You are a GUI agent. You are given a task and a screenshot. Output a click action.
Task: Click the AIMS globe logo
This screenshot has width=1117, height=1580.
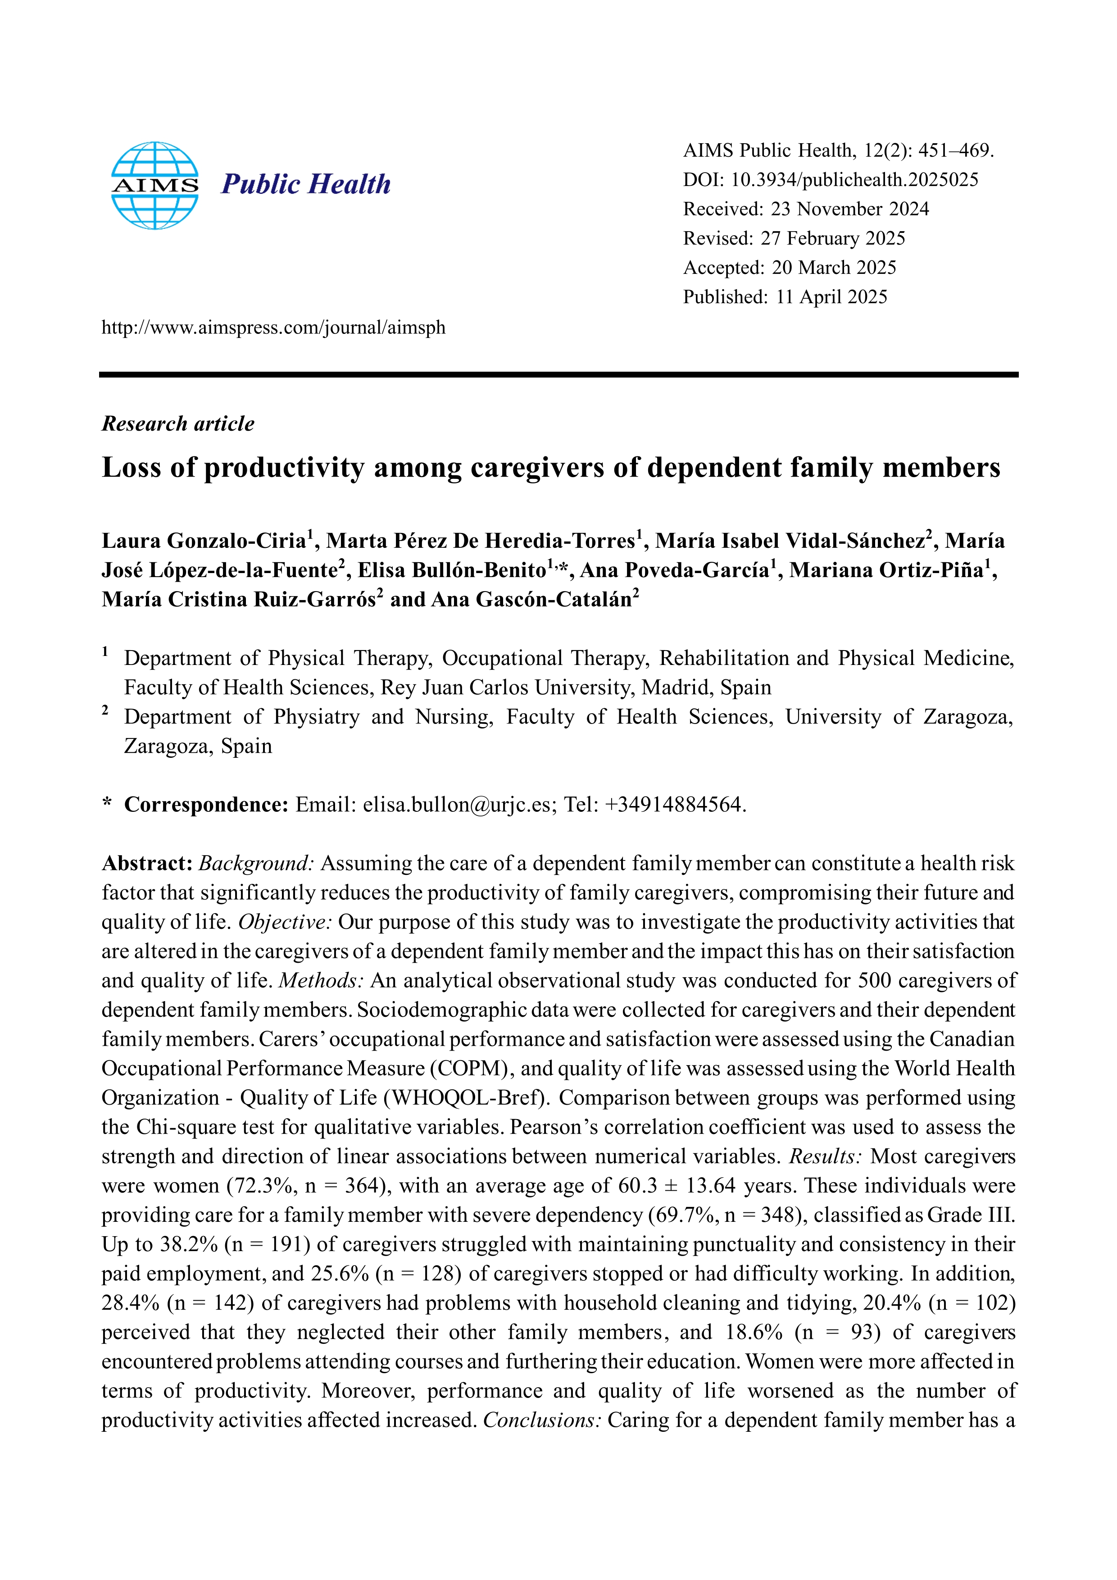click(155, 185)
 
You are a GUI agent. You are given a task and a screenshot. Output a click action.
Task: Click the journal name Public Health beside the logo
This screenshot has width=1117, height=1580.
click(305, 184)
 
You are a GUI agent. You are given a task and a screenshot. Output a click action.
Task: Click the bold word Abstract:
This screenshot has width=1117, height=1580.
click(146, 863)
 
